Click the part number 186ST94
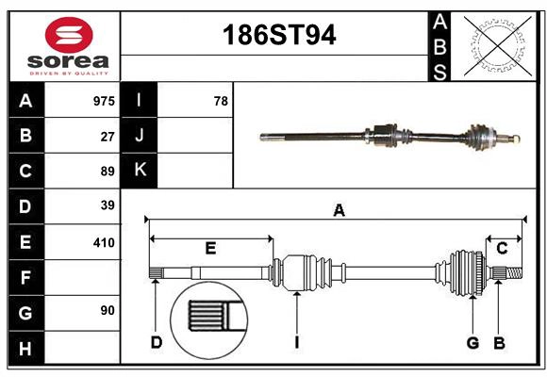278,36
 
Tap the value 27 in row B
108,136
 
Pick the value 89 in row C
108,172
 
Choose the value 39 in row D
108,205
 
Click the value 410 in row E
104,242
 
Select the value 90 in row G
108,310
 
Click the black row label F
25,277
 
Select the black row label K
140,171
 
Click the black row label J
140,136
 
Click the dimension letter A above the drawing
339,211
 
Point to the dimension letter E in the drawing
210,249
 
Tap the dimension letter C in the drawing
503,248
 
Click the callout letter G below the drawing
472,342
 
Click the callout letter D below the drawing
157,342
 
